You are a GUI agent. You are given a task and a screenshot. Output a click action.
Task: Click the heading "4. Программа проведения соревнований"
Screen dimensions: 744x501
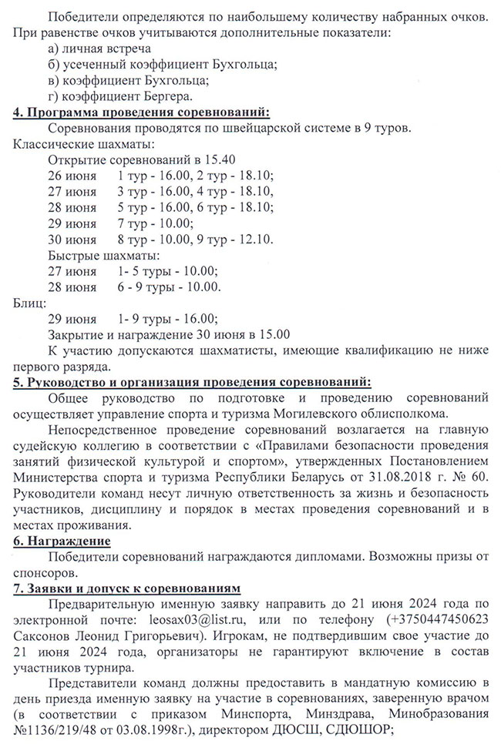142,112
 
